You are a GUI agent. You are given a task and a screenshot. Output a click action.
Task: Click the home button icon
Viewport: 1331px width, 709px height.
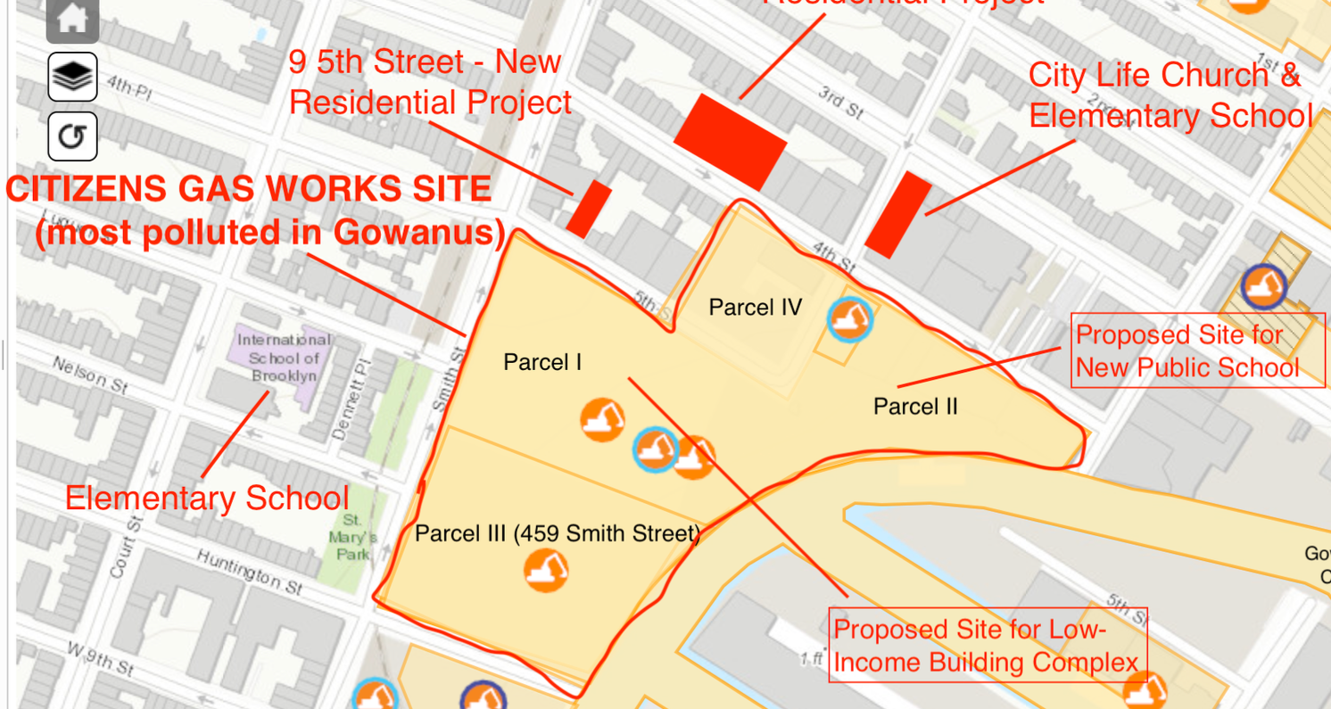click(72, 17)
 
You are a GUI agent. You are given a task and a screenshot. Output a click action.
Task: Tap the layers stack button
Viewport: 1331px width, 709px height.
click(72, 77)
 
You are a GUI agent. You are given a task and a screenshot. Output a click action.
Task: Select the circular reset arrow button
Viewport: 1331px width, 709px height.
click(72, 136)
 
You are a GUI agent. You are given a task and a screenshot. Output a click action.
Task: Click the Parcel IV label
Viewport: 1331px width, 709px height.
click(755, 308)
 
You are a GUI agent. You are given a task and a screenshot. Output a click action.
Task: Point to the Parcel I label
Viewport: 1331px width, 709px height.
click(542, 362)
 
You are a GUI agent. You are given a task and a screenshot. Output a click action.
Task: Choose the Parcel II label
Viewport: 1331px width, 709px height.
click(915, 407)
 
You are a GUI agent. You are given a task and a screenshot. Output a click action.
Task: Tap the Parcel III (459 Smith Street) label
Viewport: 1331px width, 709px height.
click(558, 534)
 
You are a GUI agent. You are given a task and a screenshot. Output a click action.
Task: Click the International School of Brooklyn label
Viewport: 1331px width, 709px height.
click(284, 358)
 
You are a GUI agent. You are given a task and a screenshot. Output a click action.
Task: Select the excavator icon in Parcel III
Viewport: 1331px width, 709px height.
click(546, 570)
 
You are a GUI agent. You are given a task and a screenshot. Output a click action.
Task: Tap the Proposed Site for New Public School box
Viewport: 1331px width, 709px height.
click(1197, 350)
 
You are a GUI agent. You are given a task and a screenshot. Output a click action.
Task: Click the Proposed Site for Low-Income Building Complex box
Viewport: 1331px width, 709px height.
click(987, 645)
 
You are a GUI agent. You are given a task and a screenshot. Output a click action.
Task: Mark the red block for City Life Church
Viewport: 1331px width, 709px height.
click(898, 215)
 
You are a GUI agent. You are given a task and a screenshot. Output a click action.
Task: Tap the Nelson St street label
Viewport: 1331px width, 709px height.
click(90, 375)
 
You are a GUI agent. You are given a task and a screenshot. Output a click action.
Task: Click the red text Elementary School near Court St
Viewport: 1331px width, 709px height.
click(207, 498)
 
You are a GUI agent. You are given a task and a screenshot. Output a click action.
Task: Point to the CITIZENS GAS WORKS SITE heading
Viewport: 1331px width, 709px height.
click(249, 189)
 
